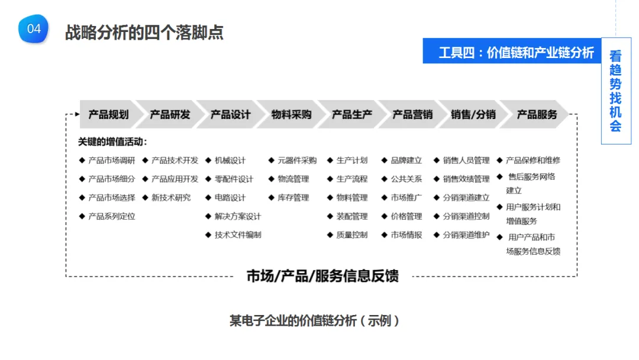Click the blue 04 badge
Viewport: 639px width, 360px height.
coord(33,29)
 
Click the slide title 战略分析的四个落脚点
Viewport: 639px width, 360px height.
coord(144,32)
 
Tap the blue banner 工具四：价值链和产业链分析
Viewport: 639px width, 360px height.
coord(516,53)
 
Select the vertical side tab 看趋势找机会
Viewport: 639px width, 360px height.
coord(615,91)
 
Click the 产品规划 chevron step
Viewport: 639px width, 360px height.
coord(108,115)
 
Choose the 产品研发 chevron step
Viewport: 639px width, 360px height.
coord(170,115)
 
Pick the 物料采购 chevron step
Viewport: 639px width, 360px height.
coord(291,115)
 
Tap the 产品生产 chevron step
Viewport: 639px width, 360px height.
coord(351,115)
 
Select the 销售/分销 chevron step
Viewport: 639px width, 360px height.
coord(473,115)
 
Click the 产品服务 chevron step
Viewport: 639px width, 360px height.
coord(537,115)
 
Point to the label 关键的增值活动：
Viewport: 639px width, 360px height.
coord(112,142)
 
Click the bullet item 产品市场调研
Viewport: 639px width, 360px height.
coord(111,160)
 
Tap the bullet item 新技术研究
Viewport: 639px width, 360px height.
coord(171,198)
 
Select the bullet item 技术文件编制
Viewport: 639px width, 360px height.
coord(237,235)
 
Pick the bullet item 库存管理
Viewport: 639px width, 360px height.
coord(293,198)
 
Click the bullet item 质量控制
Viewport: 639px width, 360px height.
coord(351,235)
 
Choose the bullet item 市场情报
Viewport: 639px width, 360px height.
coord(406,235)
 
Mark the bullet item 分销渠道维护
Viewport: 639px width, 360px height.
coord(466,235)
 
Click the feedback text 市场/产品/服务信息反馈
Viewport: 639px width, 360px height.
coord(322,276)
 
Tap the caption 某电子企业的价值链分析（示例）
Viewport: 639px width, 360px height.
coord(315,321)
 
